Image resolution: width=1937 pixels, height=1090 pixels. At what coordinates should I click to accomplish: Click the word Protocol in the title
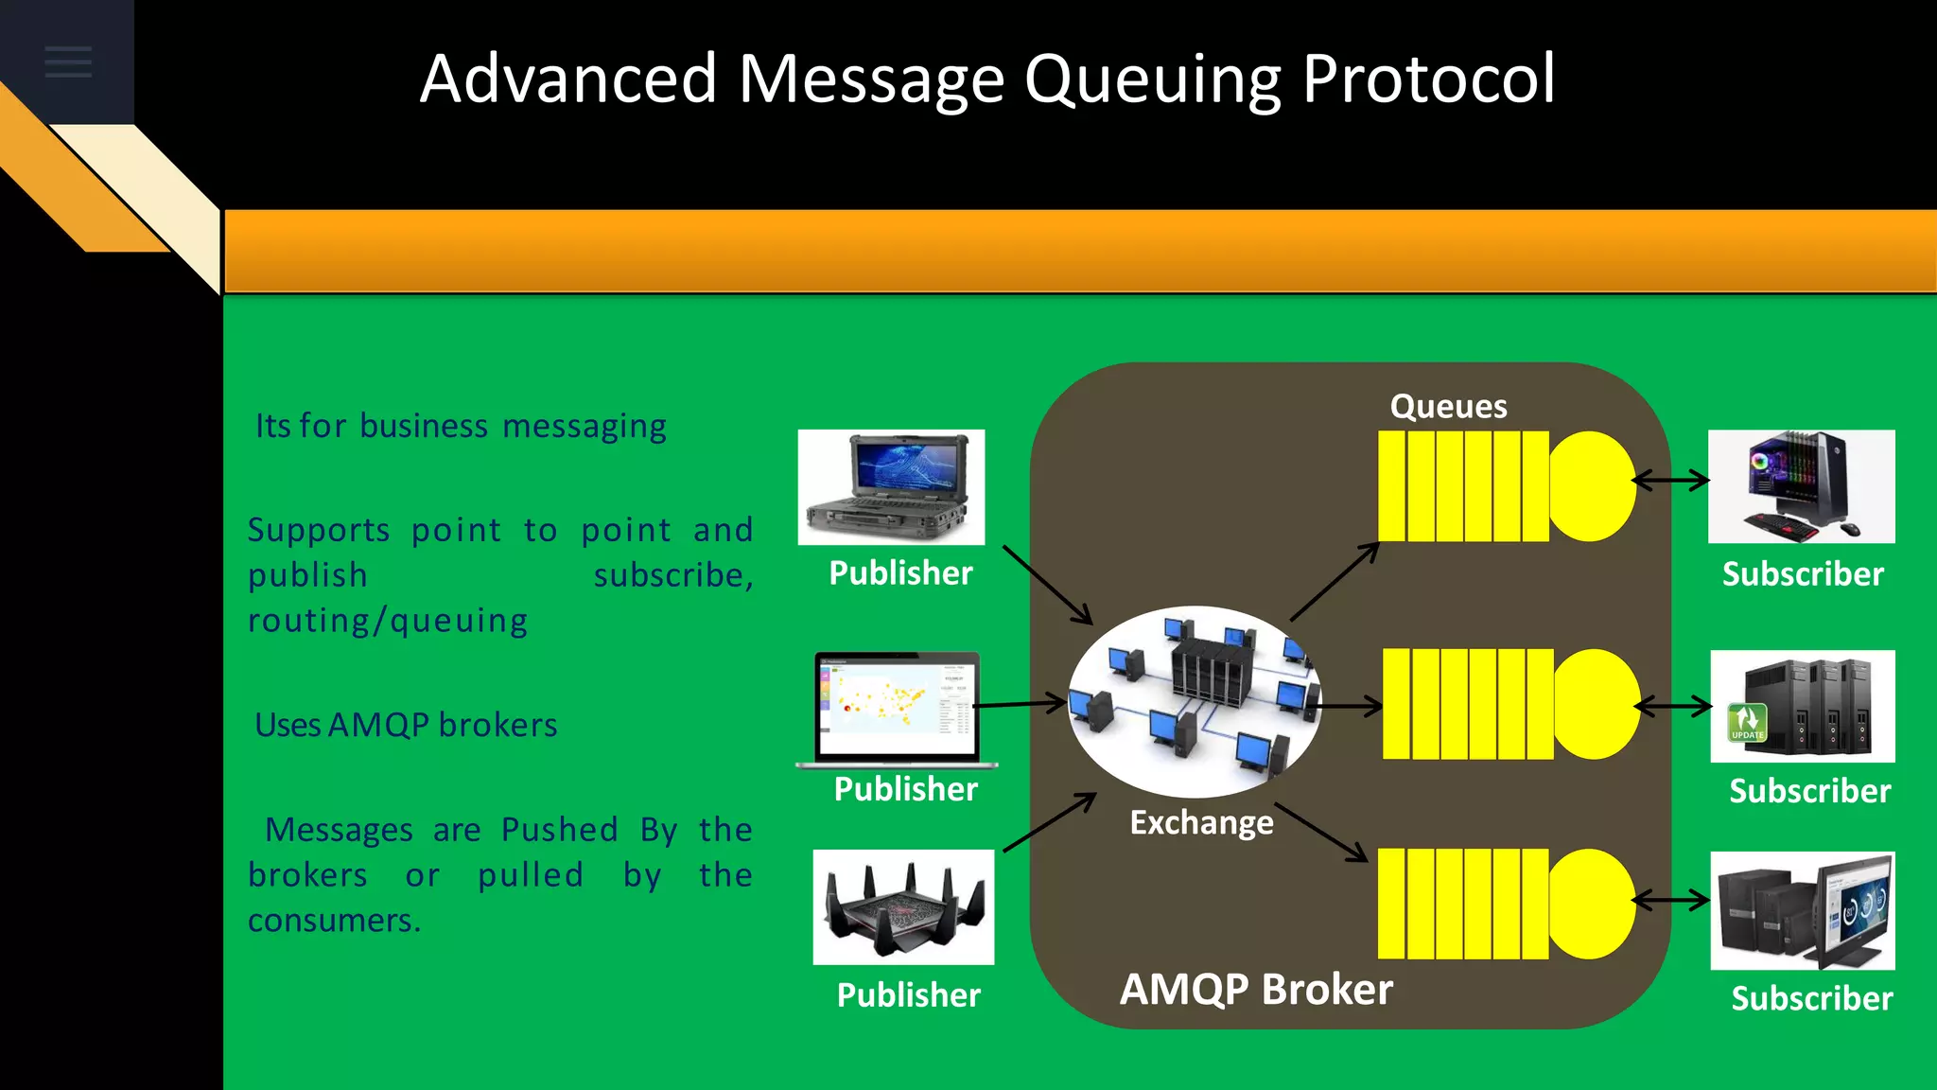pos(1428,79)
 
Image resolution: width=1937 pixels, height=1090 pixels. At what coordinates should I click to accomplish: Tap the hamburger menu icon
pos(68,62)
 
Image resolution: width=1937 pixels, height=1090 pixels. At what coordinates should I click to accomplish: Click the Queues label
pos(1448,406)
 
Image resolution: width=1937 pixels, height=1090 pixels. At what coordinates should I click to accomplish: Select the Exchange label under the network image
pos(1201,822)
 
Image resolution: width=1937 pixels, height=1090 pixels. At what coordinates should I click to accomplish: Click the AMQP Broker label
pos(1256,989)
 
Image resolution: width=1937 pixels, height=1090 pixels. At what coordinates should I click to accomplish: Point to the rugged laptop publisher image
pos(891,486)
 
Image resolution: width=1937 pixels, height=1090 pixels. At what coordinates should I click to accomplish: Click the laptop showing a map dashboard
pos(897,708)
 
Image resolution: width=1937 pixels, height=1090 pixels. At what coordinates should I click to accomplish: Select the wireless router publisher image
pos(903,906)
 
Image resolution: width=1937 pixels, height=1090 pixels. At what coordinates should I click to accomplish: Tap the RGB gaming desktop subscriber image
pos(1801,486)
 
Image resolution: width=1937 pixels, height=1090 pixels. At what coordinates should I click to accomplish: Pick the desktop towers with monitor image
pos(1803,910)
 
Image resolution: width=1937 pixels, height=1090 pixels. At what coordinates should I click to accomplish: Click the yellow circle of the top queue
pos(1593,486)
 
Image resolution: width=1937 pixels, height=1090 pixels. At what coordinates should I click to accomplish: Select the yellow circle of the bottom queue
pos(1592,904)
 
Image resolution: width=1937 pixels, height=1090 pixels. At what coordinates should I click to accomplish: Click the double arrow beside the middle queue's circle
pos(1673,706)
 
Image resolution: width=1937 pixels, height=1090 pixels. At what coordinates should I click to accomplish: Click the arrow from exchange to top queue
pos(1335,581)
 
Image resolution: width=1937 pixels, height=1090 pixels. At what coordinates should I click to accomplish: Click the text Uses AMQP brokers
pos(406,725)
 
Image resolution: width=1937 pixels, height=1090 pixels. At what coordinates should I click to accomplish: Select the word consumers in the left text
pos(334,920)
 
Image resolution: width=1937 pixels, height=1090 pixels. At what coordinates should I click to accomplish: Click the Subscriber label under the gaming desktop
pos(1803,574)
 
